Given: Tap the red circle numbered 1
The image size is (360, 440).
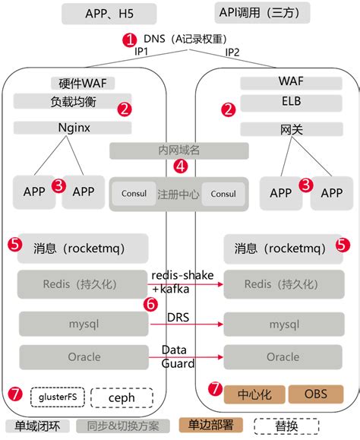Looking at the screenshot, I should (131, 39).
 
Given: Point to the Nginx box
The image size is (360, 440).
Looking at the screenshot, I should (74, 128).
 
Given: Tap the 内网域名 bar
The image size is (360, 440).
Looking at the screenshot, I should (179, 150).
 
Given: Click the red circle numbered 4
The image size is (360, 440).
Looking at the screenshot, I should (180, 165).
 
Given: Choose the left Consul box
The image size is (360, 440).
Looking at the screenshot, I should (134, 194).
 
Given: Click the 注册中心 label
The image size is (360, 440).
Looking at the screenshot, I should (179, 194).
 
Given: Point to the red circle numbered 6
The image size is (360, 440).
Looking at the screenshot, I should (150, 304).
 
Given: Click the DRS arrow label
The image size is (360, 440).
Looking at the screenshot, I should (180, 315).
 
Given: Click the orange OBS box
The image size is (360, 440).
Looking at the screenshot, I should (315, 394).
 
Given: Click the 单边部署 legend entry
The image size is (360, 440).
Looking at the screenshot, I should (211, 426).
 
